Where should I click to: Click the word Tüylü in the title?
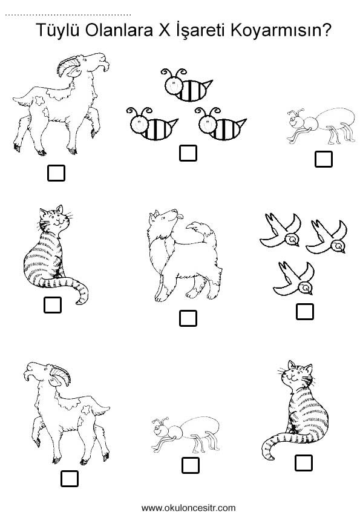tap(57, 30)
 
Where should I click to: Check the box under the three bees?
tap(188, 153)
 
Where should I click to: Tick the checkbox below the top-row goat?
tap(56, 172)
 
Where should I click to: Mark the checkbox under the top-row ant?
tap(324, 159)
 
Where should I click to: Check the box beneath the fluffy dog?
tap(188, 318)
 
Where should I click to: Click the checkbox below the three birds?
tap(305, 311)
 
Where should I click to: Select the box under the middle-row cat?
tap(53, 304)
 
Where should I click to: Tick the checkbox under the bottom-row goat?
tap(69, 478)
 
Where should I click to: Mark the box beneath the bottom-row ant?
tap(190, 465)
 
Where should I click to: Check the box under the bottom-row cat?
tap(304, 463)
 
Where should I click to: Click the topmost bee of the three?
tap(186, 85)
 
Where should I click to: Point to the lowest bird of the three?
tap(293, 279)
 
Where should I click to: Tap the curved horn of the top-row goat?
tap(68, 65)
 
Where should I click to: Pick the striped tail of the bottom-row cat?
tap(278, 444)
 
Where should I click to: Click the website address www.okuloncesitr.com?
tap(188, 508)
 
